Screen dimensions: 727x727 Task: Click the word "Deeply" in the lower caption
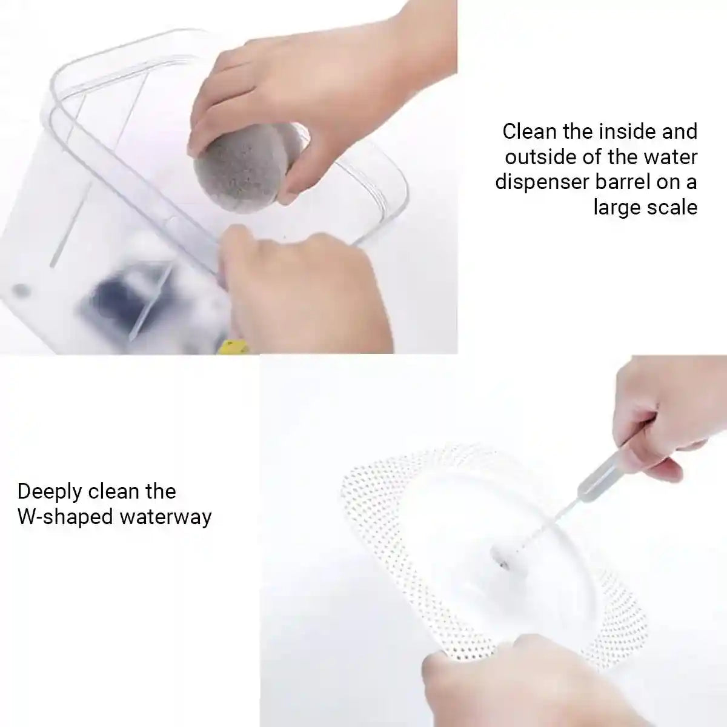(x=49, y=492)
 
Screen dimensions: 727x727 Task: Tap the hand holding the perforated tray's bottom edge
(x=485, y=679)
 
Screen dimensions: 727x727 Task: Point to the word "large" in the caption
(x=619, y=207)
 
